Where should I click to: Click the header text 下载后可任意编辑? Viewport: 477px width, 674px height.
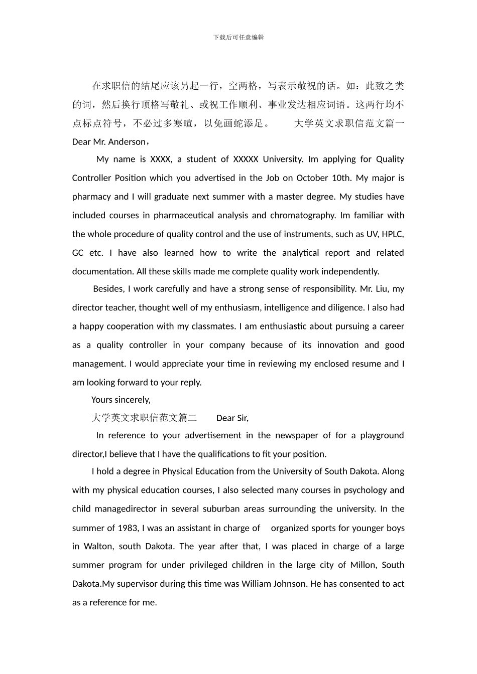pyautogui.click(x=238, y=37)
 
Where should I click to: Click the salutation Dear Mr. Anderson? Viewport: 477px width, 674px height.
pyautogui.click(x=109, y=142)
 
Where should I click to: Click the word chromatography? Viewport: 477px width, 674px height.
pyautogui.click(x=303, y=215)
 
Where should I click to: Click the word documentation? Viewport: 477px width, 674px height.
pyautogui.click(x=103, y=271)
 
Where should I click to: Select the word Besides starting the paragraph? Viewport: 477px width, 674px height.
pyautogui.click(x=108, y=289)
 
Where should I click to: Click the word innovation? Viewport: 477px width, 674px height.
pyautogui.click(x=336, y=345)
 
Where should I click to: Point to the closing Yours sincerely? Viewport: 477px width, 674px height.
pyautogui.click(x=121, y=400)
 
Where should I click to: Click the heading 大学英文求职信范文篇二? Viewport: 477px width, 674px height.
pyautogui.click(x=144, y=418)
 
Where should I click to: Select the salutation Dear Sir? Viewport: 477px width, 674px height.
pyautogui.click(x=232, y=418)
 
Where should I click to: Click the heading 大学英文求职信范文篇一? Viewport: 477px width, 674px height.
pyautogui.click(x=349, y=123)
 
